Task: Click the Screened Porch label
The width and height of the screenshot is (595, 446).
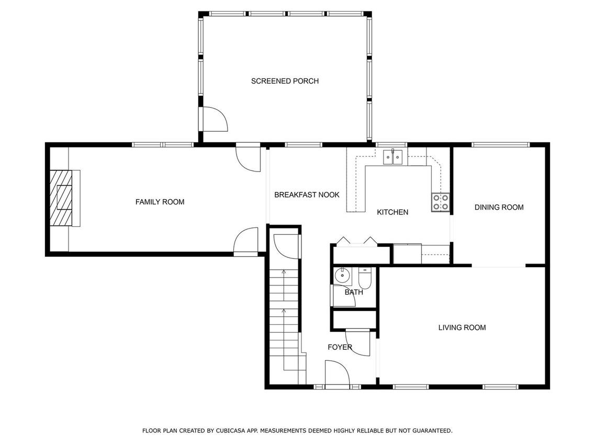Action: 285,81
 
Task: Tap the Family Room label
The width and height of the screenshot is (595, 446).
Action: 160,202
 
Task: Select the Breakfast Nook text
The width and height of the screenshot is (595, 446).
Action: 307,195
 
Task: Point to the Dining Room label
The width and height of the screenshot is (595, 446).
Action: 499,207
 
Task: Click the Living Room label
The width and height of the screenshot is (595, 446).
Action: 462,327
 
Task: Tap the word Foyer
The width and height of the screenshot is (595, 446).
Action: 340,347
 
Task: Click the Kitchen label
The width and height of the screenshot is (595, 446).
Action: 392,212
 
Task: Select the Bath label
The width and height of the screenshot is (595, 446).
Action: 354,292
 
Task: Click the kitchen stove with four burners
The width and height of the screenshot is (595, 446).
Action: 440,202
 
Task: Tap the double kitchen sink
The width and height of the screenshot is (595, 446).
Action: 392,157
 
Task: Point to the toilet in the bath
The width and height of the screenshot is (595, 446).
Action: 364,278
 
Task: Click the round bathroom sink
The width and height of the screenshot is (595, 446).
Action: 342,276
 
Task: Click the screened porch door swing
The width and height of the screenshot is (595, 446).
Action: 213,119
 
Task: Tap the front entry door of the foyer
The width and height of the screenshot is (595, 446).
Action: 337,374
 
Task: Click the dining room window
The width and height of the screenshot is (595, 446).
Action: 500,144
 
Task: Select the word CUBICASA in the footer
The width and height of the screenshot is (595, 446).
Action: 230,430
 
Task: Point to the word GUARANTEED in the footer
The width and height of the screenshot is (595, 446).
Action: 432,430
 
